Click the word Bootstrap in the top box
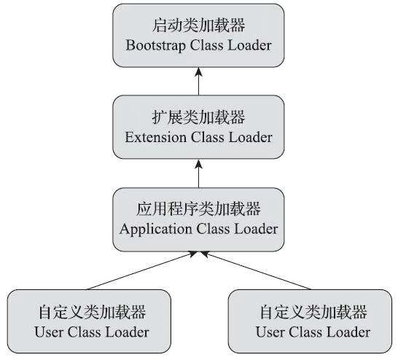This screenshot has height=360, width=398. (x=155, y=46)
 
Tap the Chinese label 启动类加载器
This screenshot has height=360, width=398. (x=198, y=26)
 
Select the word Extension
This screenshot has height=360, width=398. (x=155, y=138)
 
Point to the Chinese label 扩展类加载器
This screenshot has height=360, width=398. (x=198, y=117)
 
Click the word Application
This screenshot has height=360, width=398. (x=156, y=230)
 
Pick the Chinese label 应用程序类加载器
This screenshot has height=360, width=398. (x=198, y=209)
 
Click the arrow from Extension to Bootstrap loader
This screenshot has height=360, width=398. (x=199, y=82)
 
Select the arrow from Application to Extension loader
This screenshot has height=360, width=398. (x=199, y=173)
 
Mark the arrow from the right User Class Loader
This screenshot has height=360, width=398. (x=256, y=270)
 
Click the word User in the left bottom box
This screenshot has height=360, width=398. (x=49, y=332)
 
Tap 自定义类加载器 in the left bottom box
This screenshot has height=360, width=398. (x=92, y=312)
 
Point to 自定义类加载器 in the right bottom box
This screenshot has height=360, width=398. (x=313, y=312)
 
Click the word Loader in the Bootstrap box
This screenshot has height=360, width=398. (x=250, y=46)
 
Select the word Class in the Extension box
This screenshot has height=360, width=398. (x=207, y=138)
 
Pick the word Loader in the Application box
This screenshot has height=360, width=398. (x=256, y=229)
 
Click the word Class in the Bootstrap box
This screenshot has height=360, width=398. (x=206, y=46)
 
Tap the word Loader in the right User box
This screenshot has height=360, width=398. (x=348, y=332)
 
